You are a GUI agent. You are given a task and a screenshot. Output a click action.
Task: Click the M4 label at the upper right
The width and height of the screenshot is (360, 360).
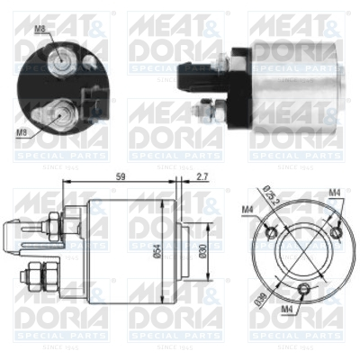[334, 191]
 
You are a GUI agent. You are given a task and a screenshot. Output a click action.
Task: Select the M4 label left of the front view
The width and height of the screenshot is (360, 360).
[246, 210]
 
